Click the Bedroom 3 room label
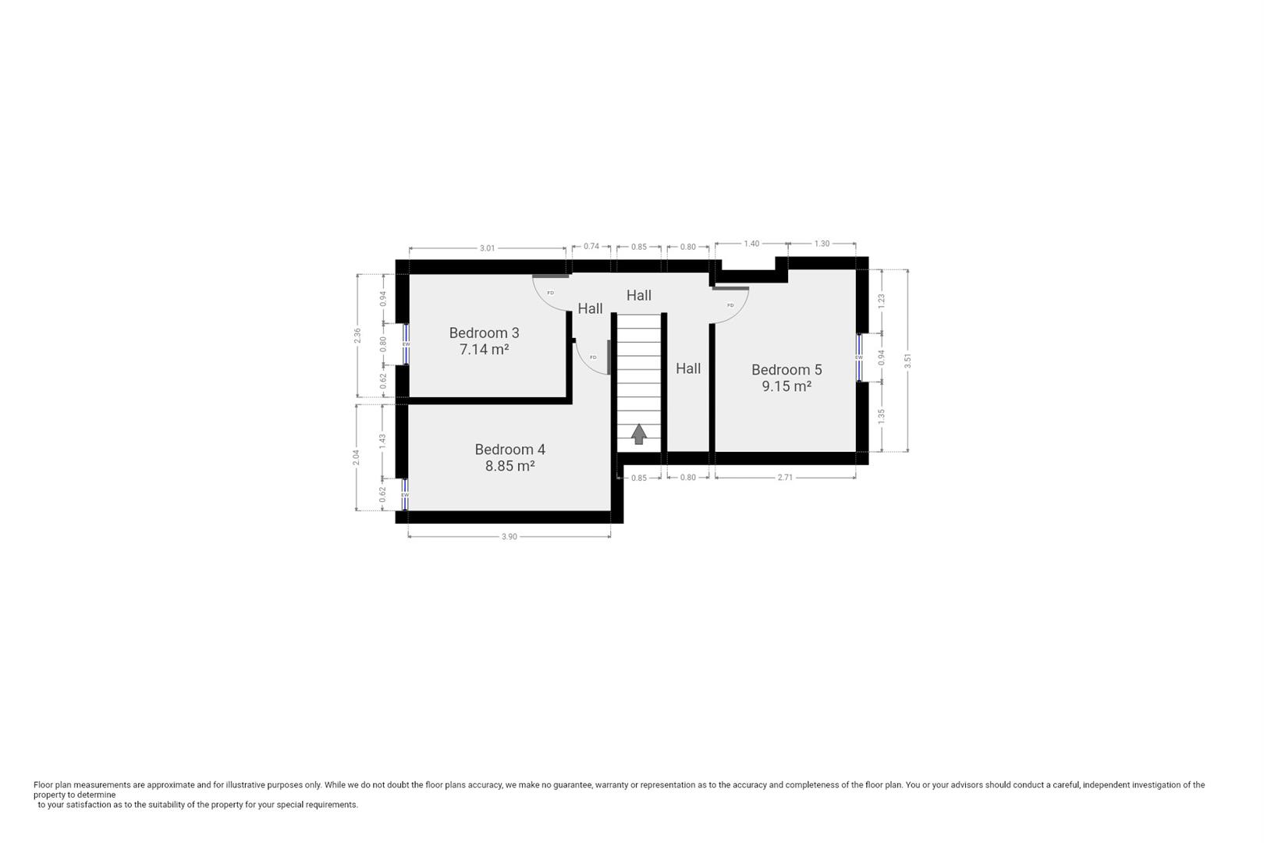484,333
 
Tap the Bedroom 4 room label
510,450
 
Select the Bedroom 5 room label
786,370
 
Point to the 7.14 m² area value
484,350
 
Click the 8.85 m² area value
510,466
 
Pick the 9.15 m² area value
786,386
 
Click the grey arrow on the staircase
639,434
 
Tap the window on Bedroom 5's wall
859,357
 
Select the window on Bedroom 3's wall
406,344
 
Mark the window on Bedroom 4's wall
405,495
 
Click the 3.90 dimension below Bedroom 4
509,536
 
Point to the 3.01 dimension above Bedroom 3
487,248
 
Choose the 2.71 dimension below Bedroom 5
785,477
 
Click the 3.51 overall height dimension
907,361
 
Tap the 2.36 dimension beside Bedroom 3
357,335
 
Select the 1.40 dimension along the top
751,244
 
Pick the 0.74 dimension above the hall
591,247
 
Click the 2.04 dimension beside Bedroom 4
357,457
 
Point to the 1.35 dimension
882,416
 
